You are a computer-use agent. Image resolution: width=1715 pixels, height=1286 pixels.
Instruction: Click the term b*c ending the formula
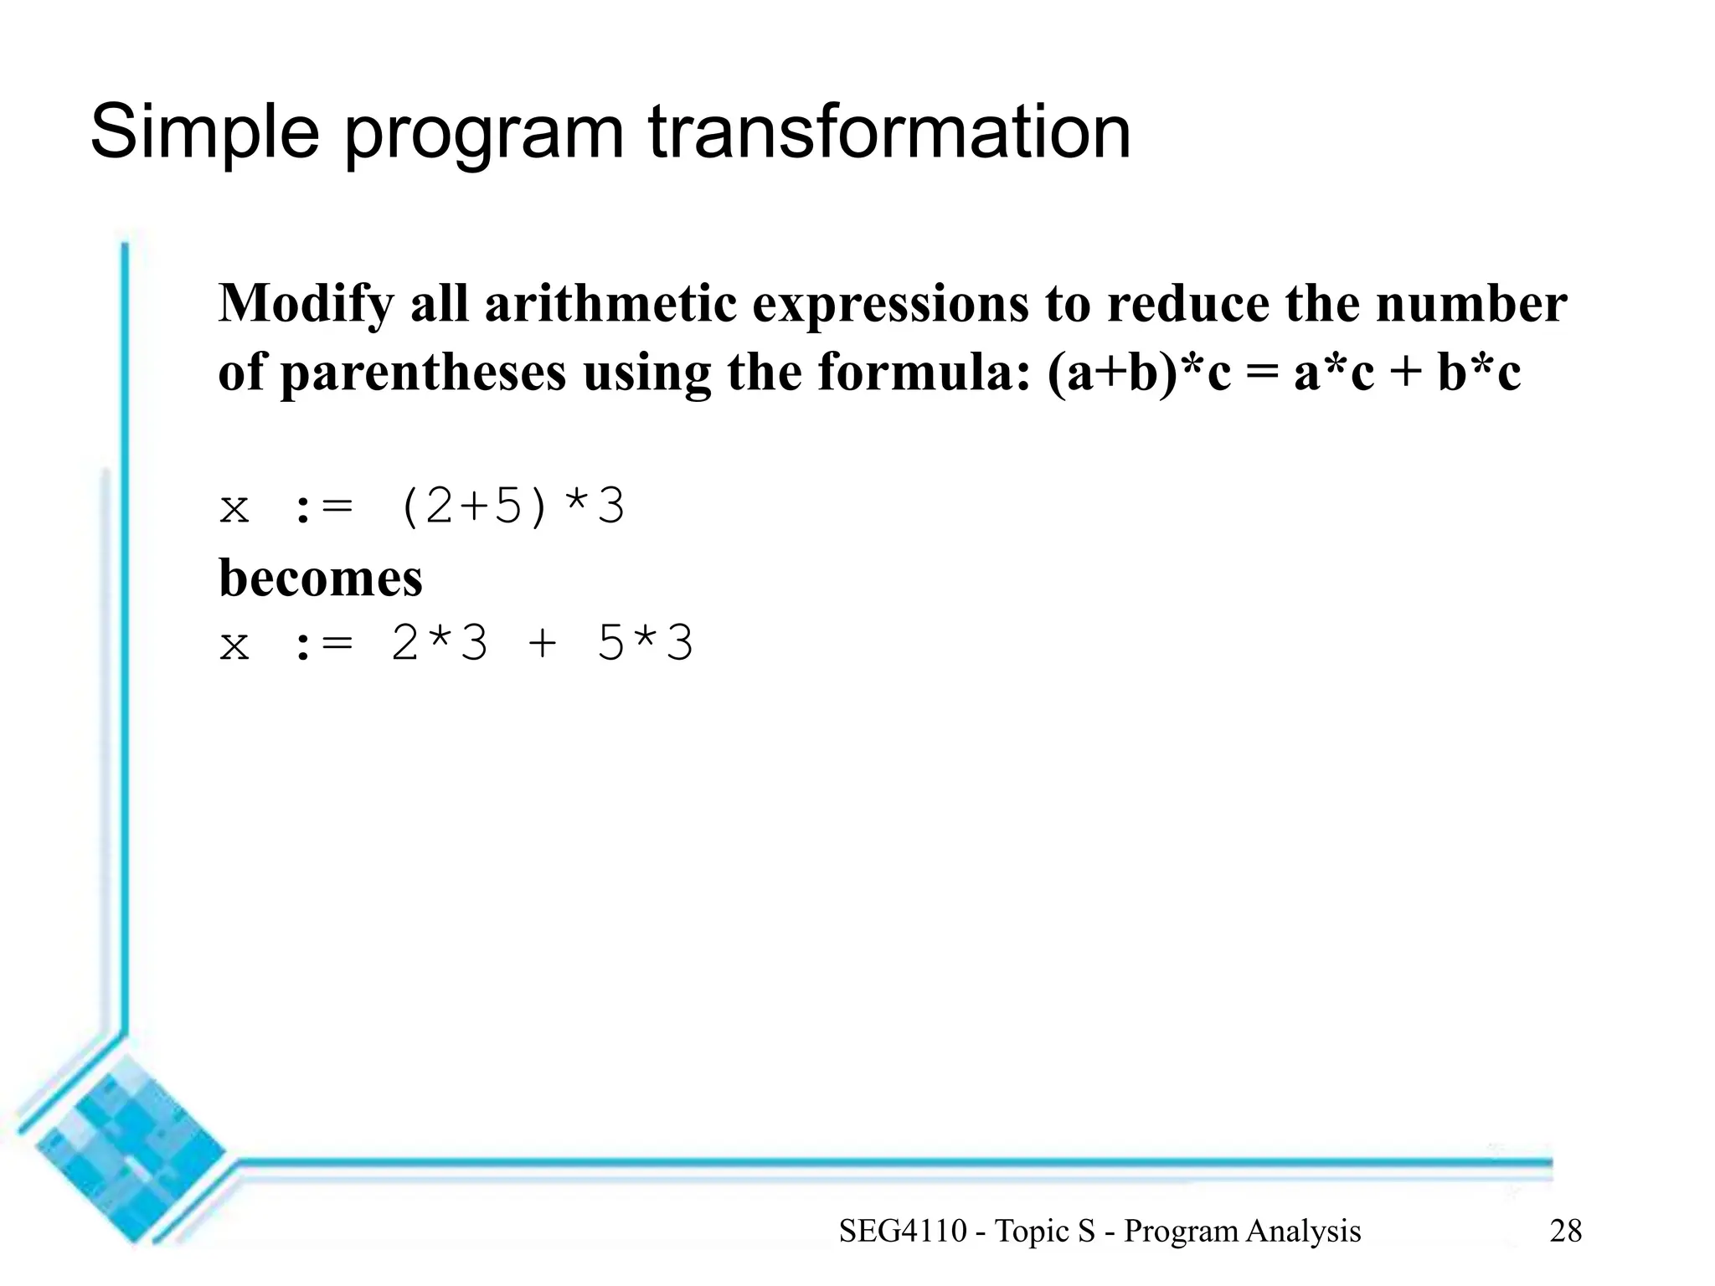(x=1479, y=373)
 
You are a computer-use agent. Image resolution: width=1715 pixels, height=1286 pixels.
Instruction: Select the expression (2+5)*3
(x=511, y=507)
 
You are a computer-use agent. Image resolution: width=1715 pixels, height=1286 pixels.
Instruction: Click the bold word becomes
(x=320, y=578)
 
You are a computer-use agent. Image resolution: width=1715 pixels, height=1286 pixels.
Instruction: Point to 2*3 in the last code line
(x=439, y=646)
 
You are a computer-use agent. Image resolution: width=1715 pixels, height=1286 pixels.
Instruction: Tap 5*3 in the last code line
(x=645, y=646)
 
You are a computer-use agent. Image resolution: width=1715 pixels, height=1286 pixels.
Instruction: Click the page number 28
(x=1565, y=1231)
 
